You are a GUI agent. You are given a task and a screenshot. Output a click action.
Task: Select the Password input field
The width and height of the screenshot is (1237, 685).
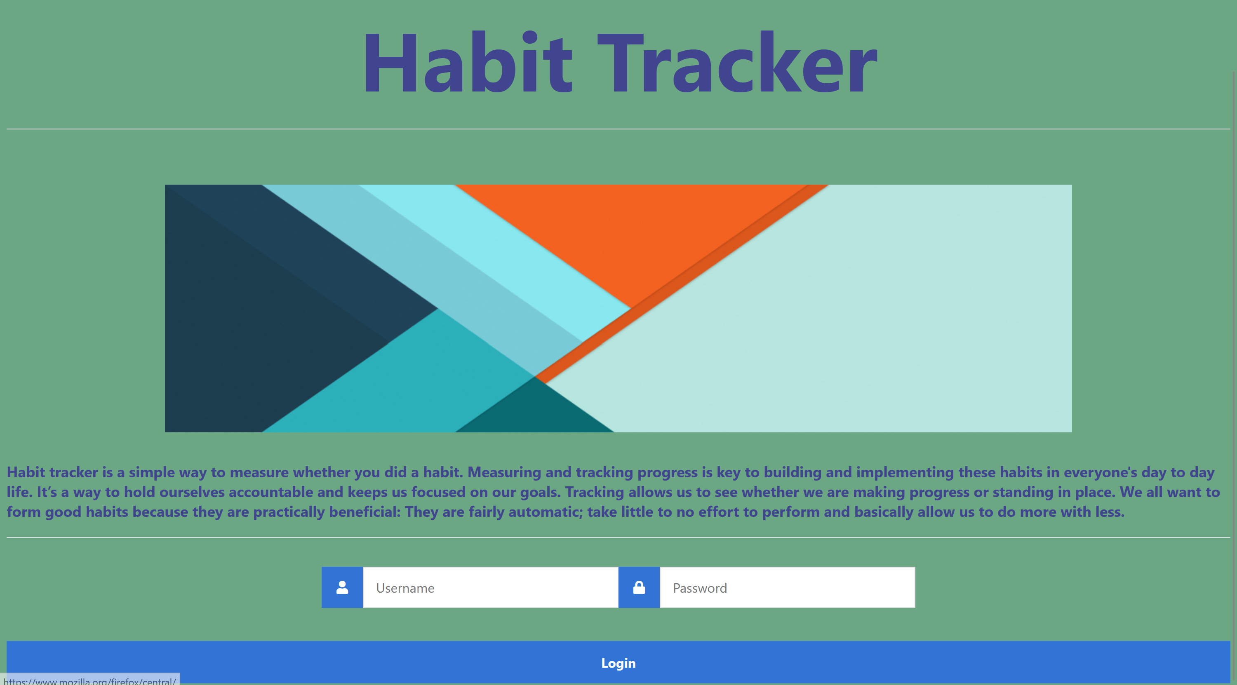787,588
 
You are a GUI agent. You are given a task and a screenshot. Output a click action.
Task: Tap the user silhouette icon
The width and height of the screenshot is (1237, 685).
342,588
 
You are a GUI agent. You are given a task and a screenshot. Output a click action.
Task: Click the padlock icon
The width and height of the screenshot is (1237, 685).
639,588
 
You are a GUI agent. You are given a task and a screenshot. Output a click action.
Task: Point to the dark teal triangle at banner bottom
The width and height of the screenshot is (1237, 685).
533,413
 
